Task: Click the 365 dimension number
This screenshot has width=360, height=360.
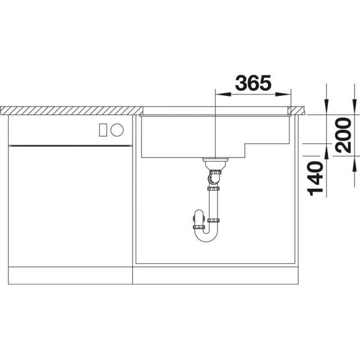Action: click(253, 83)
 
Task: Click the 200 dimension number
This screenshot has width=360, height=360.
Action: click(343, 135)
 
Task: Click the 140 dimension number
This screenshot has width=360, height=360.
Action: click(315, 178)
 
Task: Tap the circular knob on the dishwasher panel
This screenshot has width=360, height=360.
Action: click(117, 130)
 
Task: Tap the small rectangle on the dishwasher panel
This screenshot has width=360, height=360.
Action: click(103, 130)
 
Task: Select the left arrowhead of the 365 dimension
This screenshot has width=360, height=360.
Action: click(223, 94)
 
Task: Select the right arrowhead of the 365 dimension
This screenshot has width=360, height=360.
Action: click(283, 94)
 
